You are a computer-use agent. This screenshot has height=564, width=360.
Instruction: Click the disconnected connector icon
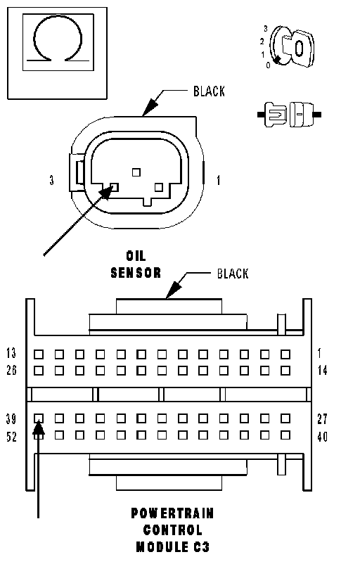click(289, 115)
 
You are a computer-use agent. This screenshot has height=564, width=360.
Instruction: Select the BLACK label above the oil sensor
click(209, 91)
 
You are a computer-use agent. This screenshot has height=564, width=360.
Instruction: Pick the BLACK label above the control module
click(233, 274)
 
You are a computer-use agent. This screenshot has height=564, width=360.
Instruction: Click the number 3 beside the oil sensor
click(52, 180)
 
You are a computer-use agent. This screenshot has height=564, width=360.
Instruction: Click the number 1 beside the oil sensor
click(218, 180)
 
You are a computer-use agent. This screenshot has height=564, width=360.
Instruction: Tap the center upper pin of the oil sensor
click(136, 173)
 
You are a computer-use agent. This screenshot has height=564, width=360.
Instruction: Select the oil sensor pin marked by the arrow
click(114, 186)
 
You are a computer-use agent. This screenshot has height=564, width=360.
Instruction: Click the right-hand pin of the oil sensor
click(159, 187)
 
